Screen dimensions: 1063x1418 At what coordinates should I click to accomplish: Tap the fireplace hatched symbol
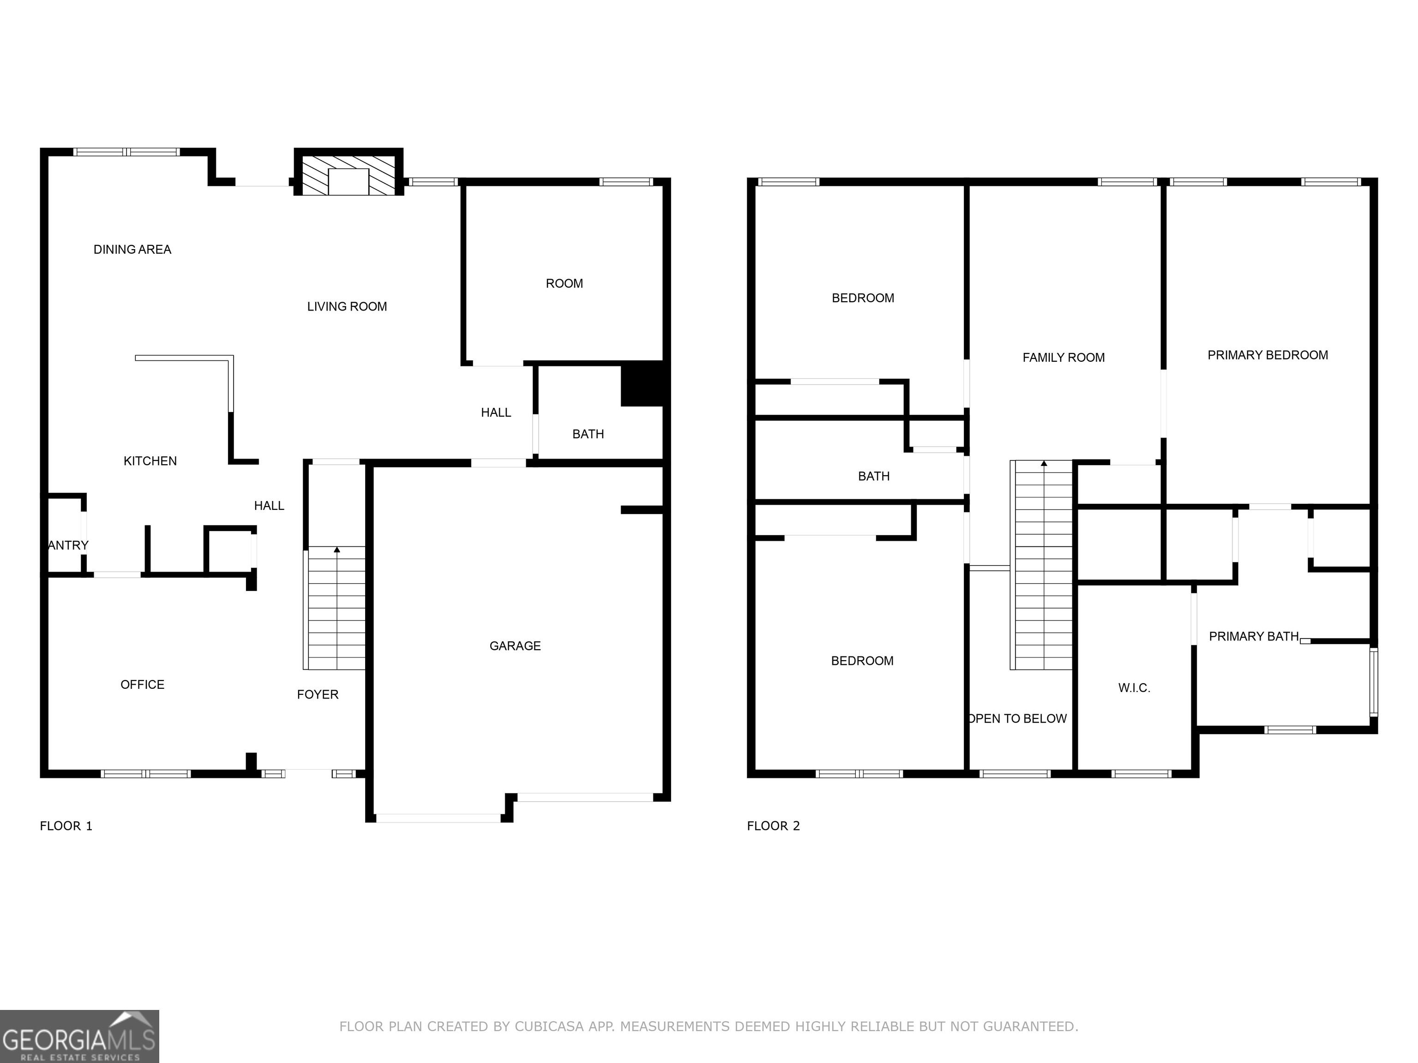(x=348, y=173)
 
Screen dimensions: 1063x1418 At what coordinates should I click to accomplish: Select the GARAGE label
(x=515, y=646)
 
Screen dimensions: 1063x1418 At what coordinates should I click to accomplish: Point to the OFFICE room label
(x=142, y=684)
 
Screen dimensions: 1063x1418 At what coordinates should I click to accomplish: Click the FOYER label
(x=317, y=694)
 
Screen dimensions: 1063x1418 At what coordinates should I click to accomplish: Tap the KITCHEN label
(x=150, y=461)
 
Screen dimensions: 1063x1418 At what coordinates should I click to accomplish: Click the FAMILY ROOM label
(x=1063, y=358)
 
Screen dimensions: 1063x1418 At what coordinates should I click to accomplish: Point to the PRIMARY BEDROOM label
(x=1268, y=355)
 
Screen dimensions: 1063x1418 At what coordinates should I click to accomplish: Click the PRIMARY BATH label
(x=1253, y=636)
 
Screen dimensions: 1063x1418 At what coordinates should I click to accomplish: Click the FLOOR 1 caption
(x=66, y=826)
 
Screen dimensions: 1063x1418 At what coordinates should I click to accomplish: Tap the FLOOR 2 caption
(x=773, y=826)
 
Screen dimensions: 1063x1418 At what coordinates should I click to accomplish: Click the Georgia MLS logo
(x=79, y=1036)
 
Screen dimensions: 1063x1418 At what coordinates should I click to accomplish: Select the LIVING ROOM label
(x=347, y=307)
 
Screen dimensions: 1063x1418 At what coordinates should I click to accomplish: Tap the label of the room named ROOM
(x=564, y=284)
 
